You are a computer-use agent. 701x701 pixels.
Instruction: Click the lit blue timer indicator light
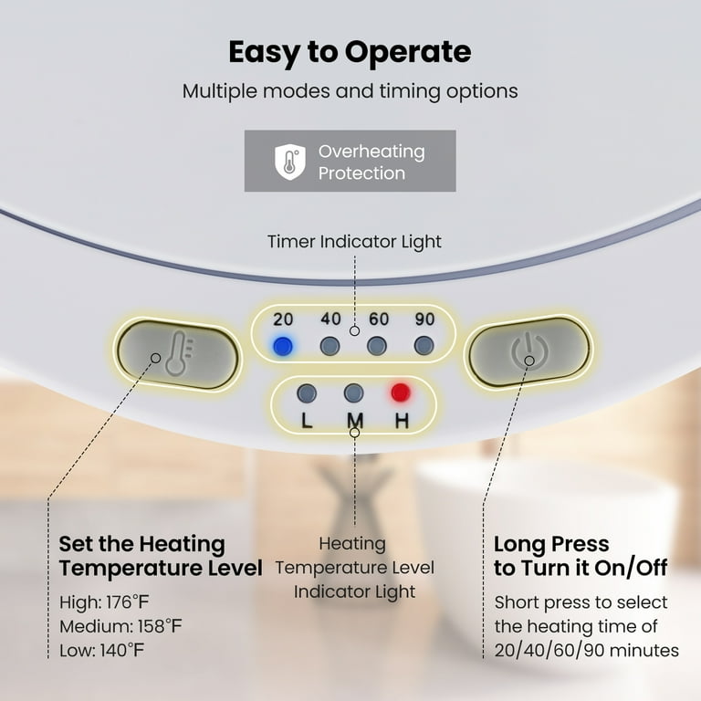pyautogui.click(x=283, y=346)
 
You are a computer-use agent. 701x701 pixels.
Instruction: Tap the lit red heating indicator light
pyautogui.click(x=400, y=392)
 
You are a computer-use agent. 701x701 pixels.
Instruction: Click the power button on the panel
pyautogui.click(x=528, y=351)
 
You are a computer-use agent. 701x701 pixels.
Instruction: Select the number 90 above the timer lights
pyautogui.click(x=424, y=319)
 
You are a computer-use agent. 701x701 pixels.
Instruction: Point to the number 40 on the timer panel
pyautogui.click(x=330, y=319)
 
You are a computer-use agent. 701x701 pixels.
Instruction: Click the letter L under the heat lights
pyautogui.click(x=307, y=420)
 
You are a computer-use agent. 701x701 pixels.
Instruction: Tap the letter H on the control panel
pyautogui.click(x=402, y=420)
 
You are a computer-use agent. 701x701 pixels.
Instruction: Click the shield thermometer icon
pyautogui.click(x=290, y=162)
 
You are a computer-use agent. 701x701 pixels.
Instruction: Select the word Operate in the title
pyautogui.click(x=408, y=53)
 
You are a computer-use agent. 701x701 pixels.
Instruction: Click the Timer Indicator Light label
pyautogui.click(x=354, y=241)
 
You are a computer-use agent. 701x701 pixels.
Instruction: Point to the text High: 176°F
pyautogui.click(x=104, y=602)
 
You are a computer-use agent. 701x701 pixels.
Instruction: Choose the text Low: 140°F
pyautogui.click(x=102, y=650)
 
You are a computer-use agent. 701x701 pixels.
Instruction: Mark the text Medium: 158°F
pyautogui.click(x=120, y=626)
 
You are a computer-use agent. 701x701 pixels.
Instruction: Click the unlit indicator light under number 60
pyautogui.click(x=377, y=346)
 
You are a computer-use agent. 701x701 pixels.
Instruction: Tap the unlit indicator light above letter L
pyautogui.click(x=307, y=393)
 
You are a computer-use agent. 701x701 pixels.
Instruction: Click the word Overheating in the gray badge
pyautogui.click(x=371, y=152)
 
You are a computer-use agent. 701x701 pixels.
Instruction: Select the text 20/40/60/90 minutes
pyautogui.click(x=587, y=651)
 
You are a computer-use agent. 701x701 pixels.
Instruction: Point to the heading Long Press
pyautogui.click(x=551, y=545)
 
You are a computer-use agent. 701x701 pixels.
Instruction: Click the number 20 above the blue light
pyautogui.click(x=283, y=319)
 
